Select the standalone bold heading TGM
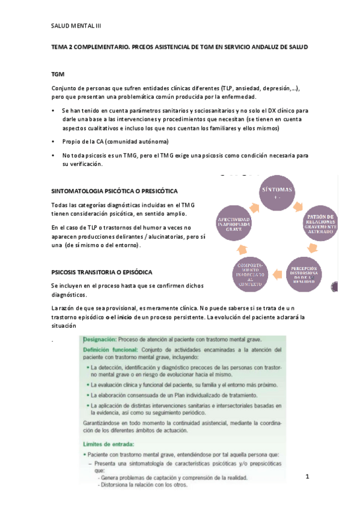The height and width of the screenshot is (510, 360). click(x=58, y=73)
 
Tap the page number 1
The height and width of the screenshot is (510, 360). click(x=307, y=476)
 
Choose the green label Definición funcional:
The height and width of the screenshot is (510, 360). click(x=111, y=349)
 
